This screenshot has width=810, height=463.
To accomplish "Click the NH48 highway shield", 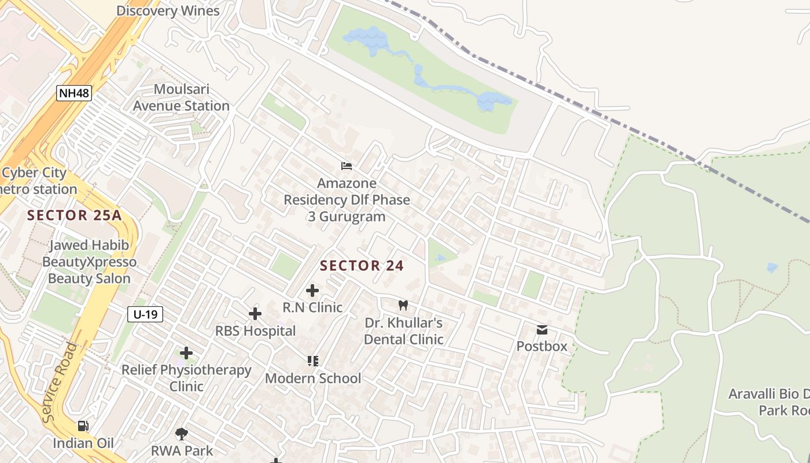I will (74, 93).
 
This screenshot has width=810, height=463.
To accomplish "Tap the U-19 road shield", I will (145, 314).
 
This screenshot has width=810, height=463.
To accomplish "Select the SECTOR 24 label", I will (362, 266).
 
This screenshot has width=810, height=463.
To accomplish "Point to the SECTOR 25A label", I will (75, 215).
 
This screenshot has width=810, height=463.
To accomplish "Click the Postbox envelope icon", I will (542, 330).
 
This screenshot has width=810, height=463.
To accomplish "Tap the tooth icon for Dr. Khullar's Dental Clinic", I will (403, 305).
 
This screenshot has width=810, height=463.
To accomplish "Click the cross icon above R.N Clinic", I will (312, 290).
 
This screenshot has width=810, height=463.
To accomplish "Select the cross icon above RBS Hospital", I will (255, 314).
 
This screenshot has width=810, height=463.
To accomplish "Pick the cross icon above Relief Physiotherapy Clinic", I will (186, 352).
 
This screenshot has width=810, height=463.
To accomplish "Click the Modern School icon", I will (313, 361).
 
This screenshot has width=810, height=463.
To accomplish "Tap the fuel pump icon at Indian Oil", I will (83, 426).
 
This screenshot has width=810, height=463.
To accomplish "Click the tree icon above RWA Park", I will (182, 433).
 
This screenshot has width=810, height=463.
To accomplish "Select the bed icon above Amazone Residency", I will (347, 166).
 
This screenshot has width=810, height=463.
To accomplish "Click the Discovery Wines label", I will (168, 10).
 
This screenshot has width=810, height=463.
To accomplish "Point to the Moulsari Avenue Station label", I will (181, 98).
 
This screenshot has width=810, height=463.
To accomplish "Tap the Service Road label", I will (60, 382).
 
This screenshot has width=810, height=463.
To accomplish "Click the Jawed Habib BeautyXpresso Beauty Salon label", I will (89, 262).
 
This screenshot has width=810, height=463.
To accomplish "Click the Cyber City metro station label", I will (38, 181).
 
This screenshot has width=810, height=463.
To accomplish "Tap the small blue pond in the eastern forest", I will (772, 267).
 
